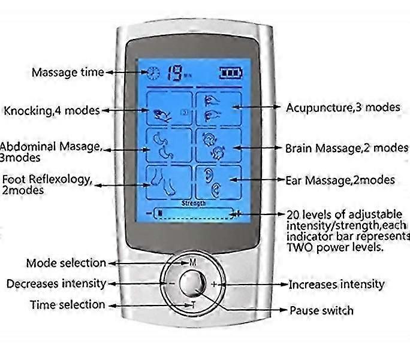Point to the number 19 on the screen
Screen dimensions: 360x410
pos(174,72)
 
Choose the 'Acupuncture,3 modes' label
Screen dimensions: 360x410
pos(343,107)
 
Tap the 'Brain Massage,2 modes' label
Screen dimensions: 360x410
pos(346,147)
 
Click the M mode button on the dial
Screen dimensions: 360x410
pos(193,262)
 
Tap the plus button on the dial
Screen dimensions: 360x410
pos(214,284)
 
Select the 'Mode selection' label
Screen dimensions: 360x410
pos(65,263)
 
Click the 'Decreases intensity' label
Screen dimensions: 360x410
pos(56,283)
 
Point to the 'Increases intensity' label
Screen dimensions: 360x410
pos(336,284)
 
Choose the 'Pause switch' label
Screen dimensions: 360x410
pos(321,310)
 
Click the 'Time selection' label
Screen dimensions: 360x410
pos(67,305)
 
